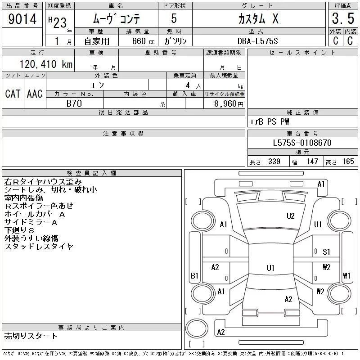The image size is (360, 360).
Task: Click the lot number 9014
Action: point(22,19)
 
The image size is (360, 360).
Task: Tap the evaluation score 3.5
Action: point(343,18)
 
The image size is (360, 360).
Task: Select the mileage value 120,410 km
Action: point(46,64)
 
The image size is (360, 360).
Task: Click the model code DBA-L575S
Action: point(257,41)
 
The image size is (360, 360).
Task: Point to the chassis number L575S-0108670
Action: point(302,143)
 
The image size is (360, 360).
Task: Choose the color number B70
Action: point(74,103)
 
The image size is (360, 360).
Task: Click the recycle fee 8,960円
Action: point(229,104)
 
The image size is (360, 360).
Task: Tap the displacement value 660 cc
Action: point(143,41)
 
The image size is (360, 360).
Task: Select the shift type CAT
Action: point(13,94)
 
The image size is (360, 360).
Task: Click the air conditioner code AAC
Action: point(35,94)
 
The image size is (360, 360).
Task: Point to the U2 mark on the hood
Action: point(290,216)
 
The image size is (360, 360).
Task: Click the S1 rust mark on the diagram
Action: point(326,252)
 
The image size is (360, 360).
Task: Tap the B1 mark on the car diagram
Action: point(194,275)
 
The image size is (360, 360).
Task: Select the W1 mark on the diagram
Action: point(346,275)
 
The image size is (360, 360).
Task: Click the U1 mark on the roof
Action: point(270,268)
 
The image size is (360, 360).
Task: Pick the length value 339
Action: point(274,162)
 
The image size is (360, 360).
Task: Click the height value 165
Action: point(348,162)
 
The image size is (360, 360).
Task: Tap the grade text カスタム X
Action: point(258,19)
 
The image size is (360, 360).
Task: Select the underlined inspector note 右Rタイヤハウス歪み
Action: point(43,182)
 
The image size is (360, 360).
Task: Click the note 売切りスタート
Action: point(31,336)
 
